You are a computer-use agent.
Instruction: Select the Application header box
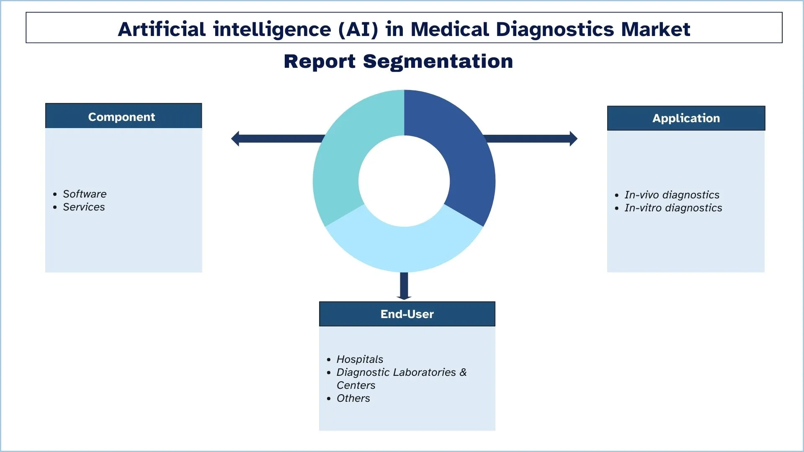click(x=686, y=118)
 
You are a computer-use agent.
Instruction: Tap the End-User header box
click(x=407, y=314)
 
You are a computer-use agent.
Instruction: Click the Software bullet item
click(x=85, y=194)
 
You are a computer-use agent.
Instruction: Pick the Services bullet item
click(x=84, y=207)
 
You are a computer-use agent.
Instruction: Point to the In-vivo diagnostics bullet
click(x=672, y=195)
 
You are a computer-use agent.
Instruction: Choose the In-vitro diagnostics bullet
click(x=673, y=208)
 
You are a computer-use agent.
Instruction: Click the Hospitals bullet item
click(x=360, y=359)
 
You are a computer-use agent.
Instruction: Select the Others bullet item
click(x=353, y=398)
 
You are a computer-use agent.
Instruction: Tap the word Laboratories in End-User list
click(x=425, y=372)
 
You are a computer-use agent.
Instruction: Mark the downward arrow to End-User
click(x=404, y=289)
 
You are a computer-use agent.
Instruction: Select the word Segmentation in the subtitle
click(x=438, y=61)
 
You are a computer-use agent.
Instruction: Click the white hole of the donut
click(x=404, y=181)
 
